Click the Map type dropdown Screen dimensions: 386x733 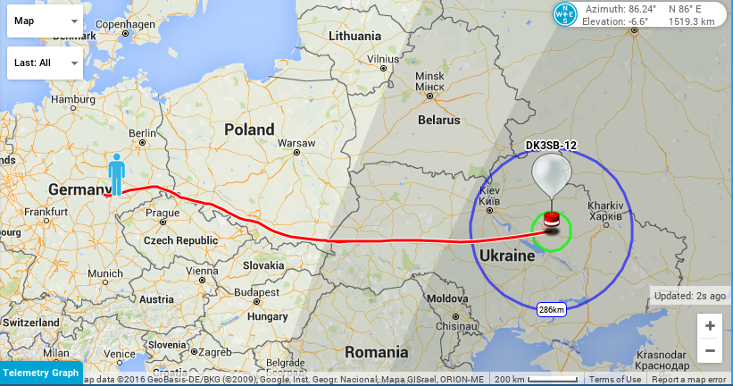[x=45, y=21]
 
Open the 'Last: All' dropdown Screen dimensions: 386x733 [x=45, y=63]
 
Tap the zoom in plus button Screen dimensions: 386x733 [x=709, y=326]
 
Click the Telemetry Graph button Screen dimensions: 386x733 [x=41, y=373]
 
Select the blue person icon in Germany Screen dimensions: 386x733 [x=116, y=173]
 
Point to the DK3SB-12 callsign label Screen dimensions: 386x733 [x=550, y=146]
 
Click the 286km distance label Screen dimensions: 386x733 [x=551, y=309]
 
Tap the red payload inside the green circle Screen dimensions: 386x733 [x=552, y=220]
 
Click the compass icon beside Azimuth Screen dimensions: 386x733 [x=564, y=14]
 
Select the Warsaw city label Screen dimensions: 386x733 [x=296, y=143]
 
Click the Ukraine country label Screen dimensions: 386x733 [x=506, y=256]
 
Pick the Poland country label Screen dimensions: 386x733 [x=249, y=130]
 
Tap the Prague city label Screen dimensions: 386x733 [x=162, y=214]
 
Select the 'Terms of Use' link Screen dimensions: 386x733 [x=615, y=380]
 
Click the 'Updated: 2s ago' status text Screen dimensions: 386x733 [x=689, y=296]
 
